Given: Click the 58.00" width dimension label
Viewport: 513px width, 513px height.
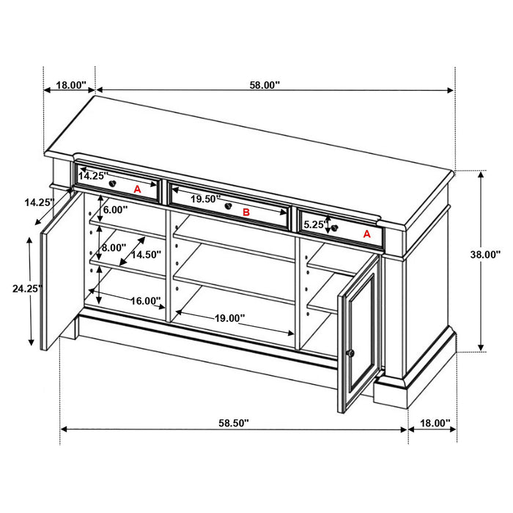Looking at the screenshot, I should click(x=265, y=85).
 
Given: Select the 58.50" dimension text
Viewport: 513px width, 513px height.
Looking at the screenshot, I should click(x=233, y=423).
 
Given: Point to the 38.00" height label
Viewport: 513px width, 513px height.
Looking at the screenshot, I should click(x=484, y=254).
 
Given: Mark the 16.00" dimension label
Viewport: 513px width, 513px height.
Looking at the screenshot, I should click(x=145, y=300).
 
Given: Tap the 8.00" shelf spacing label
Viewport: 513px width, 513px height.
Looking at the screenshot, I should click(x=114, y=248).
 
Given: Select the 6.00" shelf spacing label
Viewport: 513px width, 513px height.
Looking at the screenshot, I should click(x=115, y=210).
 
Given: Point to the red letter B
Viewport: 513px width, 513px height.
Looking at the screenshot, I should click(x=246, y=213).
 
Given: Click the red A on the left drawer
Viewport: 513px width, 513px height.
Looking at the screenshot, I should click(x=137, y=189).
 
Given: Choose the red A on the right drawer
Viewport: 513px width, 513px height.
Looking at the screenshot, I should click(x=367, y=235).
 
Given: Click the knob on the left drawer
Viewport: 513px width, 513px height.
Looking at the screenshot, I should click(x=112, y=182).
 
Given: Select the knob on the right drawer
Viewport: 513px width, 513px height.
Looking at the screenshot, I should click(x=335, y=228).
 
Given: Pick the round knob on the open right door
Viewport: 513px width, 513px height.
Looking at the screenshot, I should click(x=350, y=354).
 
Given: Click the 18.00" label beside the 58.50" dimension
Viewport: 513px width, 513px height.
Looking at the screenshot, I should click(x=433, y=423).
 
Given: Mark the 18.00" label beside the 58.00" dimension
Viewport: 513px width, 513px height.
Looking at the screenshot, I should click(x=70, y=85).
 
